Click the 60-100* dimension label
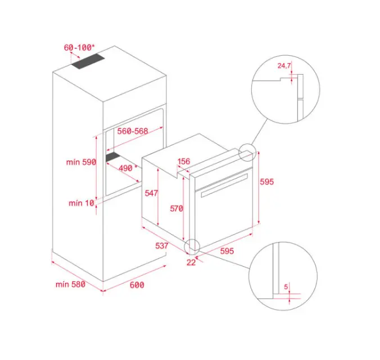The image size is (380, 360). tap(79, 48)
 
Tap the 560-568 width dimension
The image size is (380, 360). tap(133, 131)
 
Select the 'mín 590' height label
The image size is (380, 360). tap(81, 162)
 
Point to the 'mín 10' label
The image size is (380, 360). tap(82, 203)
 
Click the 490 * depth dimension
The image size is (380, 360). tap(128, 168)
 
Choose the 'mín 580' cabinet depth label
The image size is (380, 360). tap(70, 284)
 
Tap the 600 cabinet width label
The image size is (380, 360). tap(137, 285)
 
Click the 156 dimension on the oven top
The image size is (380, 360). tap(184, 161)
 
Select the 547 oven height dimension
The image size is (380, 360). tap(151, 193)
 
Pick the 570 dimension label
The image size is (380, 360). tap(177, 208)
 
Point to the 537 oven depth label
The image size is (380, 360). tap(162, 246)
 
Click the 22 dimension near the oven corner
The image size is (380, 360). tap(191, 262)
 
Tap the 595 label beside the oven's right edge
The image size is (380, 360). tap(267, 182)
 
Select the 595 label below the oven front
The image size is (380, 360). tap(227, 251)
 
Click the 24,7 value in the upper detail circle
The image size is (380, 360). tap(284, 65)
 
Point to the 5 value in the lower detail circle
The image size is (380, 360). tap(286, 287)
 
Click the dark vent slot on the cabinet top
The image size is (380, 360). tap(88, 61)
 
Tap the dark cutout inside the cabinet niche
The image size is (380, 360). tap(113, 157)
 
